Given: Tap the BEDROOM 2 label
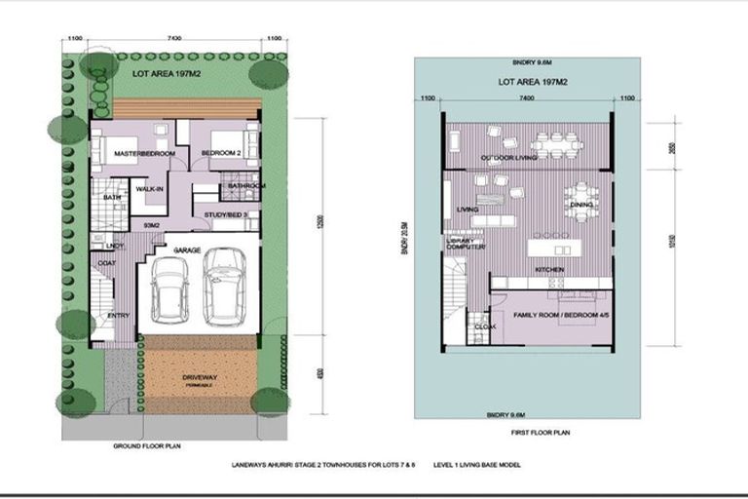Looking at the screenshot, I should [220, 154].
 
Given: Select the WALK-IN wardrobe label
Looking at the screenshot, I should [149, 189].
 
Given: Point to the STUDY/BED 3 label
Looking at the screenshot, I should [226, 214].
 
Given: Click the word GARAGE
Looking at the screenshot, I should [187, 250].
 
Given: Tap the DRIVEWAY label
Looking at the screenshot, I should [198, 377].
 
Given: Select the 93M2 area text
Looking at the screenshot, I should [152, 225].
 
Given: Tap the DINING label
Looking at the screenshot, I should [582, 206].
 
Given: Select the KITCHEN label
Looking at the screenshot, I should [549, 269].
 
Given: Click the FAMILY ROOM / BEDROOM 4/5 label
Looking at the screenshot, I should [552, 315].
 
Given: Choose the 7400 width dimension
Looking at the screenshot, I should [526, 98].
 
